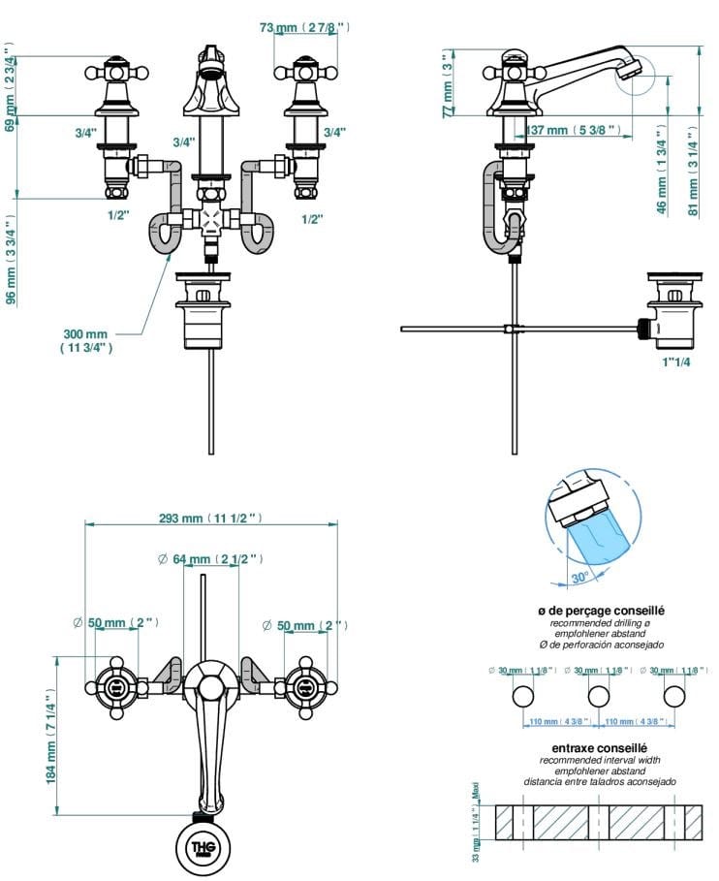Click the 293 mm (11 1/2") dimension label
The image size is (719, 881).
click(210, 519)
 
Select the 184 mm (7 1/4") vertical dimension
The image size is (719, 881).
click(51, 739)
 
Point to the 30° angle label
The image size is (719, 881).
click(579, 578)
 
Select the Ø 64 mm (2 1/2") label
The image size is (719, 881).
click(210, 559)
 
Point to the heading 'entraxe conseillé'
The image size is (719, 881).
click(599, 747)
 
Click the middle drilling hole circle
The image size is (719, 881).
click(599, 696)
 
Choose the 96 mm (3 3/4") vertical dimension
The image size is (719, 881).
click(12, 259)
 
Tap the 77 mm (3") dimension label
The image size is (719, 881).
click(448, 85)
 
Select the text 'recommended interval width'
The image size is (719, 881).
click(599, 760)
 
